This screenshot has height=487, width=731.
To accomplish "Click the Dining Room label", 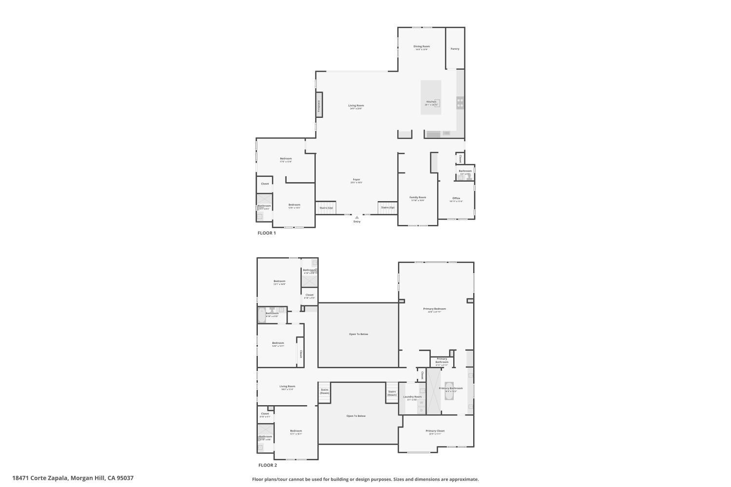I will pyautogui.click(x=422, y=47).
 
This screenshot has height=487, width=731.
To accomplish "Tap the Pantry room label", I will pyautogui.click(x=455, y=49).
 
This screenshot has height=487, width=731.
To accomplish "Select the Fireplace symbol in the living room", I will pyautogui.click(x=319, y=105).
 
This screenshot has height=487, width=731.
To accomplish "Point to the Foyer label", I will pyautogui.click(x=357, y=180).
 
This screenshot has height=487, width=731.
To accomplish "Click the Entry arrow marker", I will pyautogui.click(x=357, y=218).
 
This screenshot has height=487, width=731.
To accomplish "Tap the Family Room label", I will pyautogui.click(x=418, y=197).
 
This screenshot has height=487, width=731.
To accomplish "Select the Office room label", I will pyautogui.click(x=456, y=198).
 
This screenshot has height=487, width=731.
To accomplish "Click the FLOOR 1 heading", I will pyautogui.click(x=267, y=233).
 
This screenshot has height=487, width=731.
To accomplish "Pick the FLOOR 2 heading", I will pyautogui.click(x=268, y=465).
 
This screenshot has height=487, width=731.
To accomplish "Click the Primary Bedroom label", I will pyautogui.click(x=434, y=309).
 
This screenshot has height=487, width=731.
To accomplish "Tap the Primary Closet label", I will pyautogui.click(x=435, y=431).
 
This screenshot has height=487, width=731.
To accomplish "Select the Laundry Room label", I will pyautogui.click(x=412, y=397).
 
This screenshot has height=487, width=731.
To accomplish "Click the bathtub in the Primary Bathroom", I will pyautogui.click(x=449, y=391).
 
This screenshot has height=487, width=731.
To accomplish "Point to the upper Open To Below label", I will pyautogui.click(x=358, y=334).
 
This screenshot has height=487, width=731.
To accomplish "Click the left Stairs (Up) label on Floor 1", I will pyautogui.click(x=327, y=208).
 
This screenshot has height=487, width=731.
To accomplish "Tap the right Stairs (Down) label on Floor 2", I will pyautogui.click(x=392, y=393).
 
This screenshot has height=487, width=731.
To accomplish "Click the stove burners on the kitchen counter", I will pyautogui.click(x=460, y=103).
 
